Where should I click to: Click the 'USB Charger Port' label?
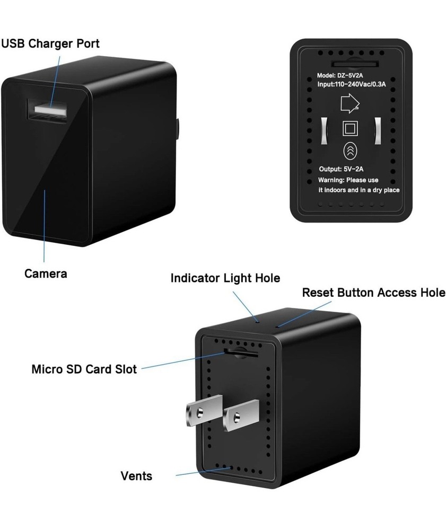point(50,43)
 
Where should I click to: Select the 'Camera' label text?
point(46,273)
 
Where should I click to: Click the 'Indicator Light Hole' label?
point(225,278)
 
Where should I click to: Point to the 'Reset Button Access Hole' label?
point(373,293)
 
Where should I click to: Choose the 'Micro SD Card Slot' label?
point(84,369)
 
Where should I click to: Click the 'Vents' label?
point(136,475)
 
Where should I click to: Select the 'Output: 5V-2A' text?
point(342,170)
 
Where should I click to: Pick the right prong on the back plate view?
point(378,129)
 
